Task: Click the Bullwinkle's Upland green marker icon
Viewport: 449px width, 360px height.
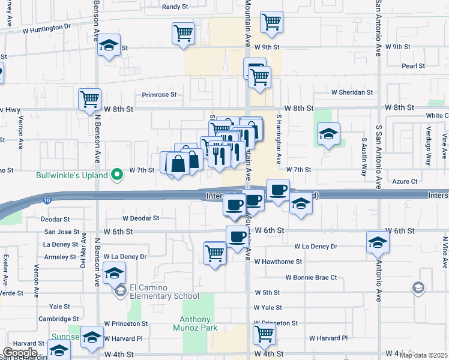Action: coord(118,175)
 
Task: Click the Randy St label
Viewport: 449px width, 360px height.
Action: coord(175,8)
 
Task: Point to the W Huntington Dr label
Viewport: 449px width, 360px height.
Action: coord(46,28)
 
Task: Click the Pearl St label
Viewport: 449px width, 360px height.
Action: coord(414,66)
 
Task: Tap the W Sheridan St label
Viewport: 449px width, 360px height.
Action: coord(352,92)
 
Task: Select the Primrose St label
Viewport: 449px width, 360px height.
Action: coord(159,95)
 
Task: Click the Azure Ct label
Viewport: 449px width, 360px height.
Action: coord(405,181)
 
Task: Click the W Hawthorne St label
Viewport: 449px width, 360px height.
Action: coord(278,262)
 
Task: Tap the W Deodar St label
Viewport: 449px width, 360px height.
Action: coord(140,219)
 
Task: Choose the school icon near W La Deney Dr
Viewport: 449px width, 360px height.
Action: coord(377,242)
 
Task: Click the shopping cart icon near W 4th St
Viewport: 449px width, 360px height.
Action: coord(264,334)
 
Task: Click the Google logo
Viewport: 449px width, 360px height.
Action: coord(20,353)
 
